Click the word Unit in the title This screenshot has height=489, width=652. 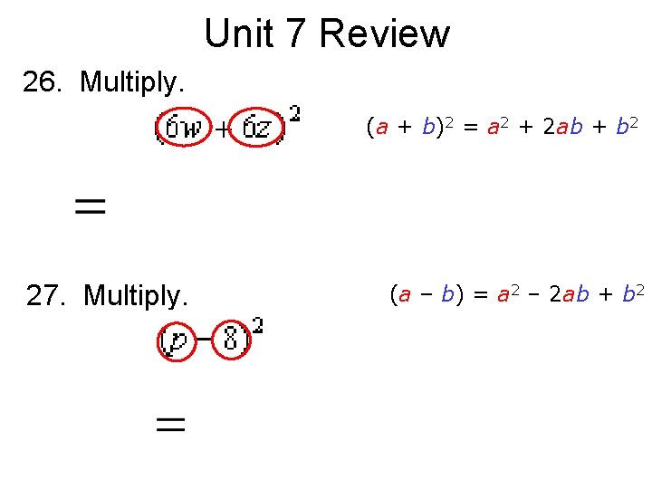click(x=234, y=34)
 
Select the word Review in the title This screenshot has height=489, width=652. click(x=384, y=34)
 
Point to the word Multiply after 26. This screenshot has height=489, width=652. click(x=132, y=82)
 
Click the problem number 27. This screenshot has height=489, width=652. click(x=48, y=295)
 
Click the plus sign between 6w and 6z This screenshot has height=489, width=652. click(x=221, y=130)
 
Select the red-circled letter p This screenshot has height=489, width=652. click(x=177, y=342)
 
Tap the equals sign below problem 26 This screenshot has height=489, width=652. click(x=90, y=207)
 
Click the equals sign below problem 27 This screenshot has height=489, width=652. click(x=171, y=424)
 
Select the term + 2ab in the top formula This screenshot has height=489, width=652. click(x=563, y=128)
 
